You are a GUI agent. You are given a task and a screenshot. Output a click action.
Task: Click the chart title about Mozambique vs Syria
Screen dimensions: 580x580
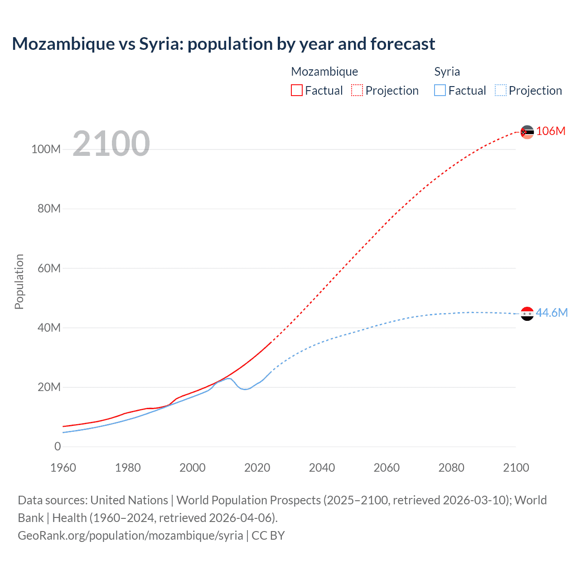(223, 44)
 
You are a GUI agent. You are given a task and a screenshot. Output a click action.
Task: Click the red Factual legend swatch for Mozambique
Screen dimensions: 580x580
(297, 90)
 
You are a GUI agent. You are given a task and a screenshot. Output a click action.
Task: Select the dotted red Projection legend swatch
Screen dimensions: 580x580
(357, 90)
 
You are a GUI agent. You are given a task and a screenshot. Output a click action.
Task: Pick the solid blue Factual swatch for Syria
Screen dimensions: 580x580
(440, 90)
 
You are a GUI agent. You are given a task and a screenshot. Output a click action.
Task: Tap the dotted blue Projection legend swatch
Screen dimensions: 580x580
(501, 90)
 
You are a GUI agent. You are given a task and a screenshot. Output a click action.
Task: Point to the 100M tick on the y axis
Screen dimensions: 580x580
(46, 149)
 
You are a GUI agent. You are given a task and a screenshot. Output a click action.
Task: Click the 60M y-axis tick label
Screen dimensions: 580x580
(49, 268)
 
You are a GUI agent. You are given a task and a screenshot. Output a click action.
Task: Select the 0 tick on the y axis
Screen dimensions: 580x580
(58, 446)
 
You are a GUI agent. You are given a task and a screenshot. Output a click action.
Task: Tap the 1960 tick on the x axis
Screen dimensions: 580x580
(63, 468)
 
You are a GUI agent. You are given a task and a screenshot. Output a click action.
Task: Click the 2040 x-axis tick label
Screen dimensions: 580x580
(322, 468)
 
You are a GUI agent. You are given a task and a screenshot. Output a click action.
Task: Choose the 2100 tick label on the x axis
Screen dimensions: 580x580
(516, 468)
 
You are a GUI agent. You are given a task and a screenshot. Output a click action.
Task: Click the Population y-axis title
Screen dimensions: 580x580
(19, 281)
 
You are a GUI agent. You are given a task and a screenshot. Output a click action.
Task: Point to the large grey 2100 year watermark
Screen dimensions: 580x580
(111, 144)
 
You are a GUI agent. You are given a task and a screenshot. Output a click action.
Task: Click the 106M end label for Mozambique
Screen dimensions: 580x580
(551, 131)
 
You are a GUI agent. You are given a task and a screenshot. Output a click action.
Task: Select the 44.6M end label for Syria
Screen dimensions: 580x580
(551, 313)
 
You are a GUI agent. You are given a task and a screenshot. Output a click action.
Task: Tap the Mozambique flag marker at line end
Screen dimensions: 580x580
(527, 132)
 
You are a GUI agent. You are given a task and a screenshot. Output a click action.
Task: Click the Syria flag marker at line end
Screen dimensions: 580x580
(527, 314)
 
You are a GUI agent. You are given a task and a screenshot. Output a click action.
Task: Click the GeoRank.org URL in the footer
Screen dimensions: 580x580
(130, 535)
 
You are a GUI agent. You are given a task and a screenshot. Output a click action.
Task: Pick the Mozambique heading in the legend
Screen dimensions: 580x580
(324, 72)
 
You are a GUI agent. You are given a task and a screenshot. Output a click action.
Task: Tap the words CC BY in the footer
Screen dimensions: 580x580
(268, 535)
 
